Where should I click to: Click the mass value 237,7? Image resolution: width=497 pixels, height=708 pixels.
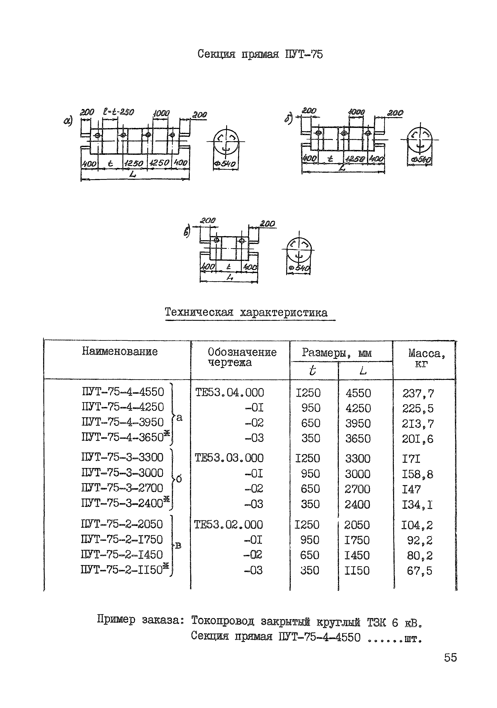(418, 394)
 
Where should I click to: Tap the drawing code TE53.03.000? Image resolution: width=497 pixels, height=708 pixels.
(229, 458)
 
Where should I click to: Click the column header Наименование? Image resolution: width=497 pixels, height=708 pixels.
(120, 351)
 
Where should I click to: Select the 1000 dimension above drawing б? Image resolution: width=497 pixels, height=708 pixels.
(356, 112)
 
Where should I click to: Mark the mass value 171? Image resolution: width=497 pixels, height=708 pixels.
(411, 459)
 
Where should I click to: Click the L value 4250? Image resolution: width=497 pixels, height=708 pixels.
(358, 408)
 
